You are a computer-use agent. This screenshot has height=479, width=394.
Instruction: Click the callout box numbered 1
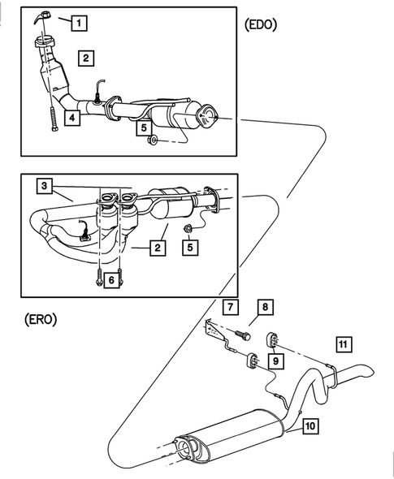point(78,24)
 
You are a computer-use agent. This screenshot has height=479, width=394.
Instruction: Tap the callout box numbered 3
point(45,187)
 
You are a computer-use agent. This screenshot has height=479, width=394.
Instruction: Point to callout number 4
point(72,119)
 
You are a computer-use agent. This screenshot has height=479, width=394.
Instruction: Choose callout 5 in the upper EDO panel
point(144,127)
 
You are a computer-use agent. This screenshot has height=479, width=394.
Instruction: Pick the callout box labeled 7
point(230,307)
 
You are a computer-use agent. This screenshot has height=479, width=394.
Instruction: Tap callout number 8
point(264,307)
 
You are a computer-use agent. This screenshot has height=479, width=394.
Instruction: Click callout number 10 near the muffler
point(310,425)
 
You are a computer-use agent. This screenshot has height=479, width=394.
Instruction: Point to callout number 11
point(344,344)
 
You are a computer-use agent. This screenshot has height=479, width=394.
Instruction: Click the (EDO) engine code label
point(260,24)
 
